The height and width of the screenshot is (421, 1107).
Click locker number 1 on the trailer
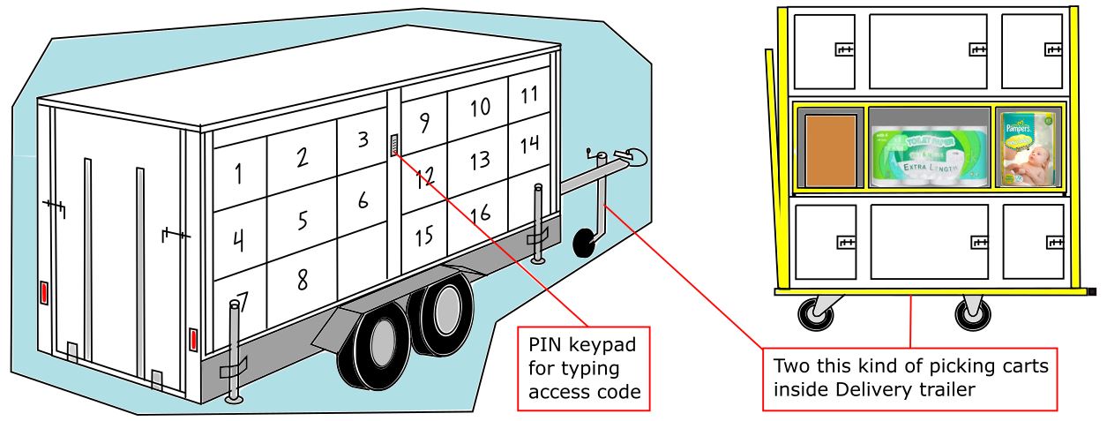(238, 174)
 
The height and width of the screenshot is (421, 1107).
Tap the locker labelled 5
(303, 220)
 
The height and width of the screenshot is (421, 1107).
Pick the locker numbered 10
(479, 109)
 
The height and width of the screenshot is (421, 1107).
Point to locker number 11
(529, 94)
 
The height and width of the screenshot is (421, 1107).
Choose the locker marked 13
(479, 161)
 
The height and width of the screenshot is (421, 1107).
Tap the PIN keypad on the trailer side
(394, 146)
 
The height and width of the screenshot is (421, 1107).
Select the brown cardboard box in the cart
(831, 150)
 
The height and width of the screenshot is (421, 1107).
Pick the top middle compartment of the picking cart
(927, 51)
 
